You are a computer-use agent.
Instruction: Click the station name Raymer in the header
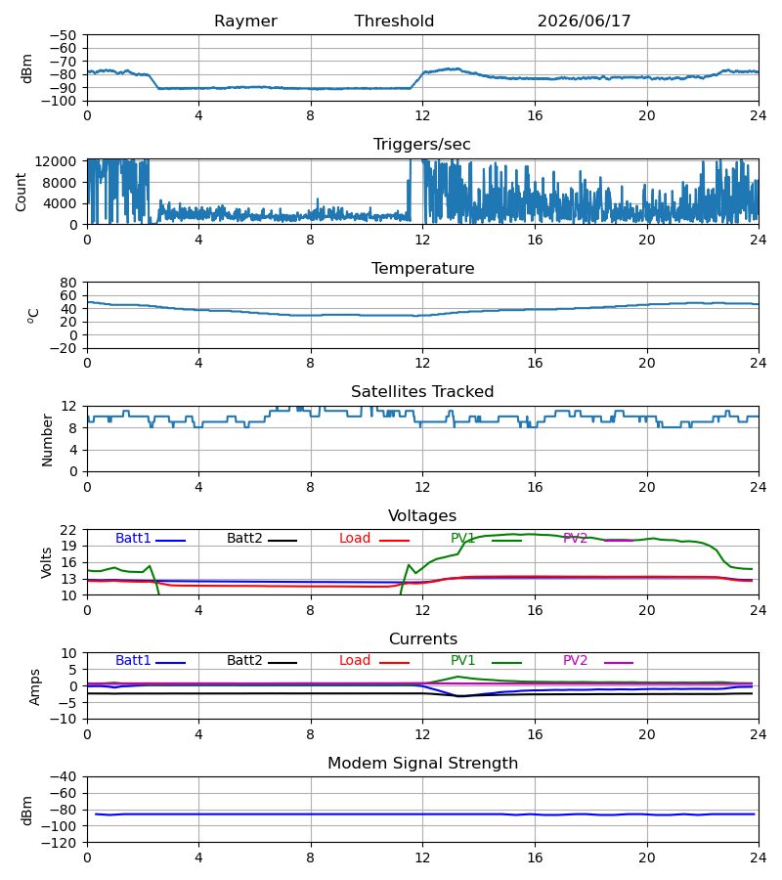[x=245, y=22]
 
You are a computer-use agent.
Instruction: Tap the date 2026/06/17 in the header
[x=584, y=22]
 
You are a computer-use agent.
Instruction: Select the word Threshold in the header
[x=394, y=22]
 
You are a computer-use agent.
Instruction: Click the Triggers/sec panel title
[x=422, y=145]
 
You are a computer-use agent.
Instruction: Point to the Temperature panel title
[x=422, y=268]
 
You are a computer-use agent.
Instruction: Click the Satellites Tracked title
[x=422, y=392]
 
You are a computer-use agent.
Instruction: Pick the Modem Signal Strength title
[x=422, y=764]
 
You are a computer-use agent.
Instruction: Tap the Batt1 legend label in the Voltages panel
[x=133, y=538]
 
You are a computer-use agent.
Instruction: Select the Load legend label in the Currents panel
[x=355, y=661]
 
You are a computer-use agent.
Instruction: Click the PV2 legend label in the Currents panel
[x=575, y=661]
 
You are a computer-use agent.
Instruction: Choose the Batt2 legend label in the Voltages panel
[x=244, y=538]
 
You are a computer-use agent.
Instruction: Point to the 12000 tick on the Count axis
[x=56, y=161]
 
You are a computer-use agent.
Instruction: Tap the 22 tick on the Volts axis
[x=68, y=530]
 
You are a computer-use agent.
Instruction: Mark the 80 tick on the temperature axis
[x=68, y=283]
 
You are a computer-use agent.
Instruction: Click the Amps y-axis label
[x=35, y=686]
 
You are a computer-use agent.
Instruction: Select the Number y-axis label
[x=47, y=439]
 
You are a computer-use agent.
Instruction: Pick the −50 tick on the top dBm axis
[x=63, y=35]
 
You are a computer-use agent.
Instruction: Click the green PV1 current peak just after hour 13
[x=457, y=677]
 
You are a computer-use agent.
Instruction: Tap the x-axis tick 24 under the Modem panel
[x=759, y=858]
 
